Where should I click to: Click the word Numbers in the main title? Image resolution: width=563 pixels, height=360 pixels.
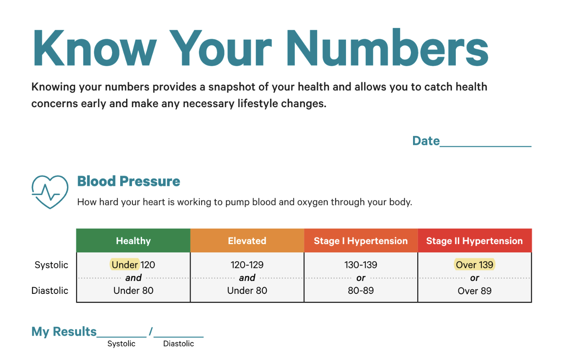coord(387,47)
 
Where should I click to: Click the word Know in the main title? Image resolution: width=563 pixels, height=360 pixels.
coord(95,48)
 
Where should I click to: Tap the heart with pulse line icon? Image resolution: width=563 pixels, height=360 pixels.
coord(50,192)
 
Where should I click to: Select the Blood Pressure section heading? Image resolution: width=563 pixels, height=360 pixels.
coord(129,181)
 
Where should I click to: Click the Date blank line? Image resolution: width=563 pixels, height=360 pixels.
coord(486,146)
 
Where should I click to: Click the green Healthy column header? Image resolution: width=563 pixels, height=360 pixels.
coord(133,240)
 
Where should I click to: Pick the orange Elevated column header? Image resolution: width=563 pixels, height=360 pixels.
coord(247,240)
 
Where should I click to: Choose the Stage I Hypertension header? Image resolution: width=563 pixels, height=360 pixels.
coord(361,240)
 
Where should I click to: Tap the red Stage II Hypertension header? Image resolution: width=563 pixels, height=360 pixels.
coord(475,240)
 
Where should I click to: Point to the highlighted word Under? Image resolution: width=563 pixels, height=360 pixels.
coord(125,265)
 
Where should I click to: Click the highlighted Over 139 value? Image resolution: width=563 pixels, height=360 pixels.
coord(475,265)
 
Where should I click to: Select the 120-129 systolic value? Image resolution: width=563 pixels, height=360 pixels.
coord(247,265)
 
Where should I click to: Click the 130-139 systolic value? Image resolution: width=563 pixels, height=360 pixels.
coord(361,265)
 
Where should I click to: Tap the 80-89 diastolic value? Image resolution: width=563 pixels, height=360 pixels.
coord(361,291)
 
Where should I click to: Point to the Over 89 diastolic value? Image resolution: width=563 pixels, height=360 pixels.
coord(475,291)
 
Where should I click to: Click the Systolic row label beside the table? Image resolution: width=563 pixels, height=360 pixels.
coord(51,265)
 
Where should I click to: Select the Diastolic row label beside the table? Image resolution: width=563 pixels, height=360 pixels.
coord(50,291)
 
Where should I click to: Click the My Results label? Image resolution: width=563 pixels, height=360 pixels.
coord(64,332)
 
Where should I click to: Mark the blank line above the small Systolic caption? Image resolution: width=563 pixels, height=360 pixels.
coord(121,337)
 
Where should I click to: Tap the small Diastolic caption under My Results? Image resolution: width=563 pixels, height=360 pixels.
coord(178,343)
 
